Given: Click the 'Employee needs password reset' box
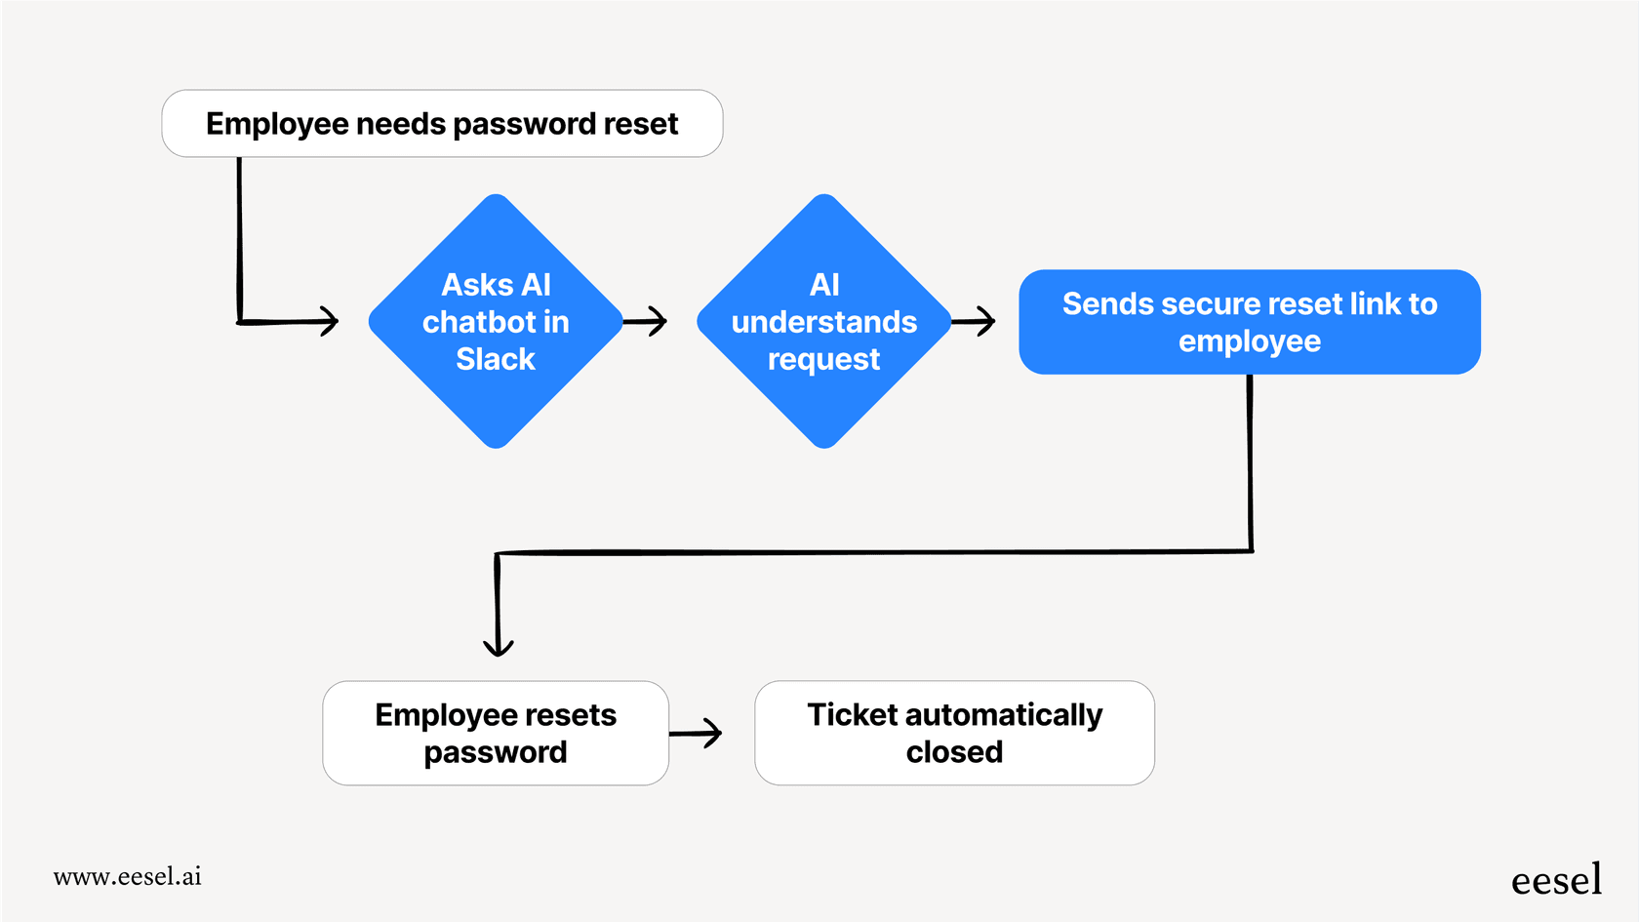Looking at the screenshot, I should tap(442, 124).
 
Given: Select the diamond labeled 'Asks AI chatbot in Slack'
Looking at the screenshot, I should tap(496, 321).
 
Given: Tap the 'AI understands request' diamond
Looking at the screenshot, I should tap(824, 321).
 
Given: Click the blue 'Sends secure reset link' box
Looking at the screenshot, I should tap(1250, 322).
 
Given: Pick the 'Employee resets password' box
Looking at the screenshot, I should tap(496, 733).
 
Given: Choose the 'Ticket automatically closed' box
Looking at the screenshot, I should tap(954, 733).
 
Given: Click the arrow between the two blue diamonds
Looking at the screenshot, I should tap(646, 321).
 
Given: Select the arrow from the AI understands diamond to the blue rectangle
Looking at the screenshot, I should tap(974, 321).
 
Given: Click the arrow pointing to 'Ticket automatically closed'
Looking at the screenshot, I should tap(698, 733).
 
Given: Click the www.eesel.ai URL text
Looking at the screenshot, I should tap(128, 876).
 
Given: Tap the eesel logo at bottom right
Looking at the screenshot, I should tap(1556, 880).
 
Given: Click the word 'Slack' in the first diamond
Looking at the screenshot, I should tap(496, 359).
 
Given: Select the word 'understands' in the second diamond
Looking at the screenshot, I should tap(824, 322).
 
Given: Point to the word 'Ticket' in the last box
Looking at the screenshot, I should tap(852, 714).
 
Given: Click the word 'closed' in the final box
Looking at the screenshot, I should tap(954, 752).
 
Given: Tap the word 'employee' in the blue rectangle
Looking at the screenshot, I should tap(1250, 341).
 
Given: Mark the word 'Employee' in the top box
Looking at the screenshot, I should tap(277, 124).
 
